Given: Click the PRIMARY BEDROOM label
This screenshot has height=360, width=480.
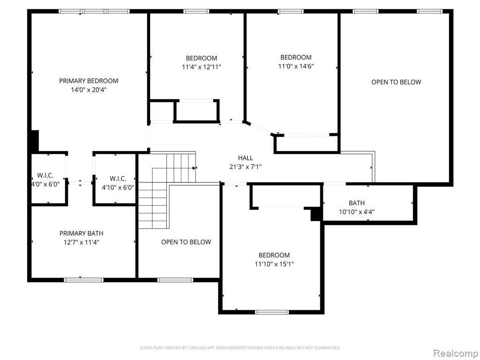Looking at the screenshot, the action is (x=89, y=81).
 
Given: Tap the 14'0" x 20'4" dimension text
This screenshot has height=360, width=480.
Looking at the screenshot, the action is (x=89, y=90).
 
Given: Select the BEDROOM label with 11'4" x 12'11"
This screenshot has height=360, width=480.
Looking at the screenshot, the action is (x=202, y=58).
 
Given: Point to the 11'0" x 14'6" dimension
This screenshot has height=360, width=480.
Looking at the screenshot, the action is (x=296, y=66).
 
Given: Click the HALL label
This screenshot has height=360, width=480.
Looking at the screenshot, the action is (x=246, y=158).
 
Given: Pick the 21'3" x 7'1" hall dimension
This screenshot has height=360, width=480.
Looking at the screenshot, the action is (x=246, y=167).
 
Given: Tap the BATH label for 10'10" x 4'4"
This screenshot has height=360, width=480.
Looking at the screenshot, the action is (x=357, y=203).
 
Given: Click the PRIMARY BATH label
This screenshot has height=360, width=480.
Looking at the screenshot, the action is (x=82, y=233).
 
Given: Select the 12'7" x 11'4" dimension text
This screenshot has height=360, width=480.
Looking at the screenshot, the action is (x=82, y=242).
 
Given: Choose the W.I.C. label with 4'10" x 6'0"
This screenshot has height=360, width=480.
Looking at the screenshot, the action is (x=118, y=179).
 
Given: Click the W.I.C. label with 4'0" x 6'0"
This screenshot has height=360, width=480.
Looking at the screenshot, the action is (x=45, y=175).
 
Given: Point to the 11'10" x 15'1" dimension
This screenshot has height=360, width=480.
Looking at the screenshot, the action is (x=274, y=264).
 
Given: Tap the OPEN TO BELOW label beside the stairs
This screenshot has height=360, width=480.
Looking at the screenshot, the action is (x=186, y=242).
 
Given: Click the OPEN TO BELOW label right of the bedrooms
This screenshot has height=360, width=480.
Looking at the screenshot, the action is (x=396, y=82).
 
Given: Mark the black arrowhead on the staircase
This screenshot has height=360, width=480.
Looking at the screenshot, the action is (x=195, y=168).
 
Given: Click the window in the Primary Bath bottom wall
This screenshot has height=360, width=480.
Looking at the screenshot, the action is (x=83, y=280).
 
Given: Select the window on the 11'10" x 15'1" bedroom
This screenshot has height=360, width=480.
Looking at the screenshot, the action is (x=272, y=312).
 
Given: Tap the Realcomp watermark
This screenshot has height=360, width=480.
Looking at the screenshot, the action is (x=456, y=353).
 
